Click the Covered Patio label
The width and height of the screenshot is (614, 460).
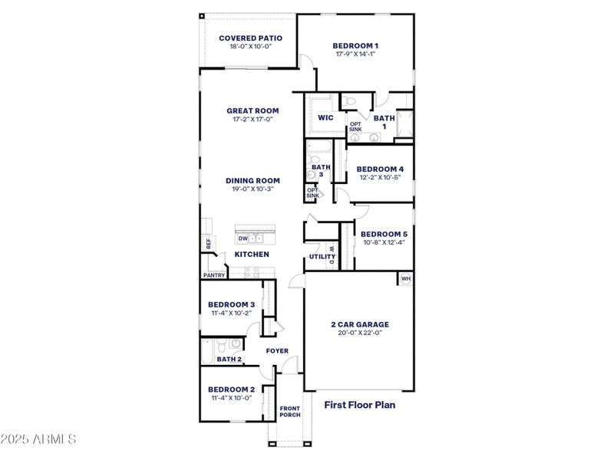point(250,38)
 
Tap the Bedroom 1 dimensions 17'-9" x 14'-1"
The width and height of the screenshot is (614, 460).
point(355,54)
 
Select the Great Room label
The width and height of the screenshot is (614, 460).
point(253,110)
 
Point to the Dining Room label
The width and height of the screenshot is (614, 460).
point(253,181)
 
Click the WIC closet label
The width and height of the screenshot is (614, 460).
point(325,118)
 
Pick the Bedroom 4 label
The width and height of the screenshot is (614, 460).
point(380,169)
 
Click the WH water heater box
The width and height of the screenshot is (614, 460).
point(405,279)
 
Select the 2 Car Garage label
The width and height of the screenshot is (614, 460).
point(360,324)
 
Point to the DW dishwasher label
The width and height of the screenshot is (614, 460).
point(243,238)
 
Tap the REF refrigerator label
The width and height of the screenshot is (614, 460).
point(208,243)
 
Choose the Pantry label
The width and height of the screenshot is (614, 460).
point(214,275)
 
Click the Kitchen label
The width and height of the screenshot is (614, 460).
point(252,254)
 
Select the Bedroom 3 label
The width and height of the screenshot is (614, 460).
point(231,304)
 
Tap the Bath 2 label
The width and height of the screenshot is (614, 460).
point(229,359)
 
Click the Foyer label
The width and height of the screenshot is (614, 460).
point(277,351)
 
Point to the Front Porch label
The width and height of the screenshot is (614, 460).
point(289,412)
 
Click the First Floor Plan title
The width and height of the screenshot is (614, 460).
point(359,405)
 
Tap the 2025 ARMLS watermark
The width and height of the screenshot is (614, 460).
point(38,439)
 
